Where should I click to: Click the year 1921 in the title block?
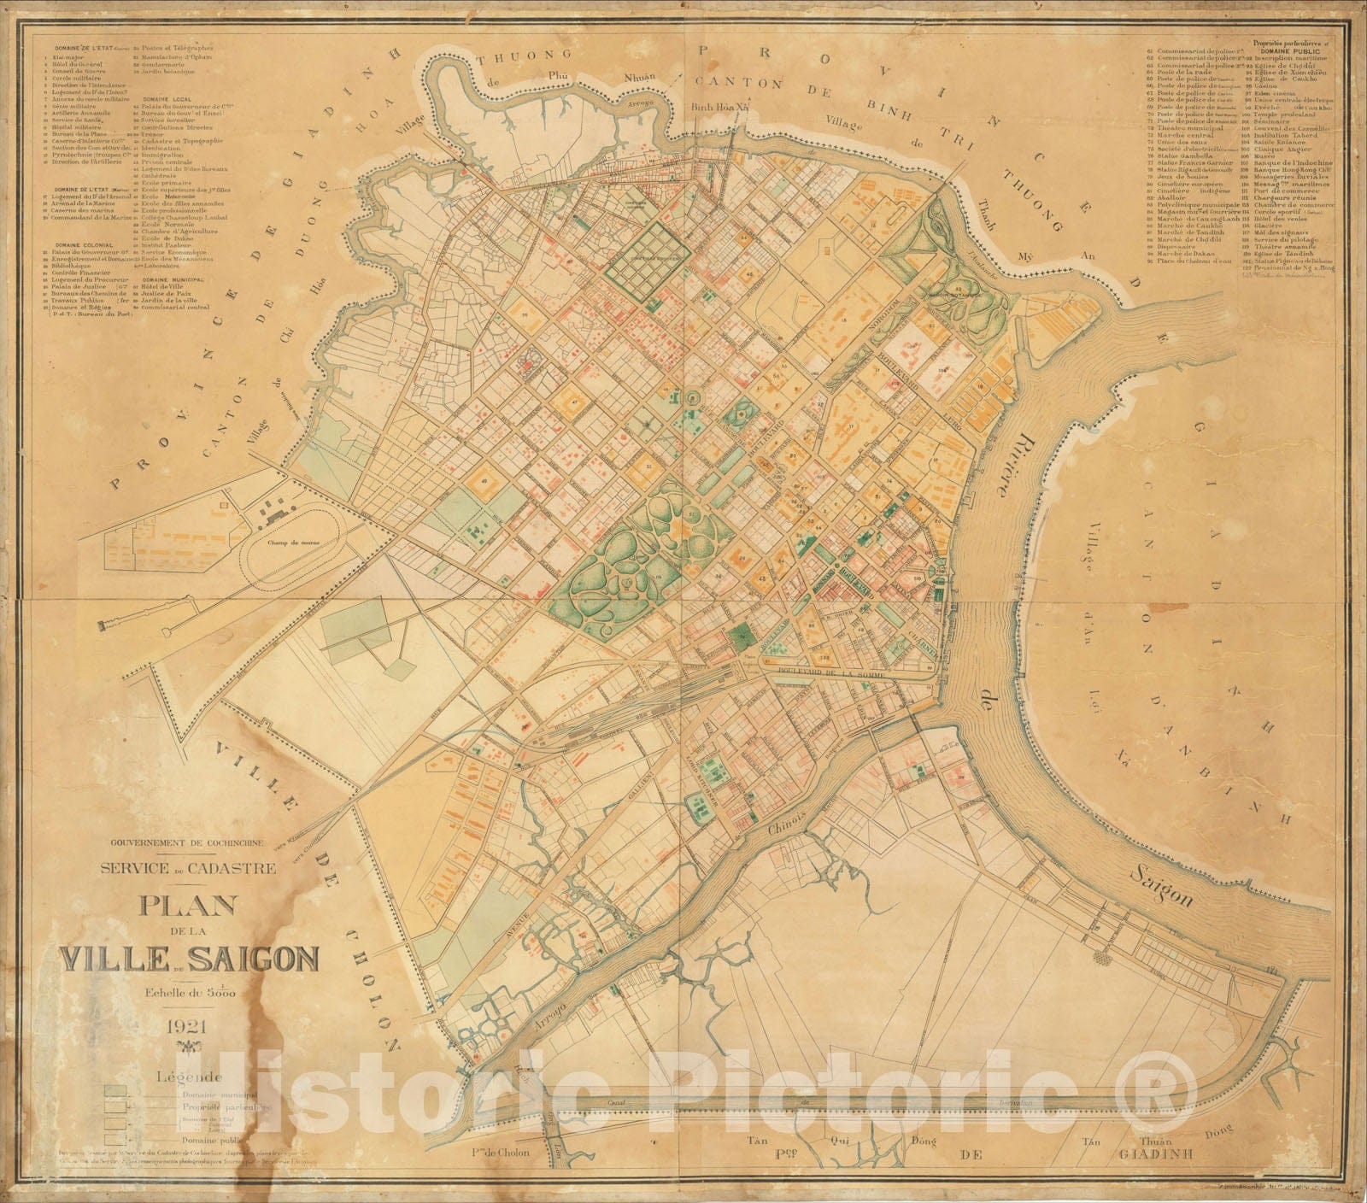coord(187,1024)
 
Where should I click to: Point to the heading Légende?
coord(187,1078)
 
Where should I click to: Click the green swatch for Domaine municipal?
coord(116,1091)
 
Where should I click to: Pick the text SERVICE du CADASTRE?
coord(188,869)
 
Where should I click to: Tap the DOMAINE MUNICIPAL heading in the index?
coord(173,279)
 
